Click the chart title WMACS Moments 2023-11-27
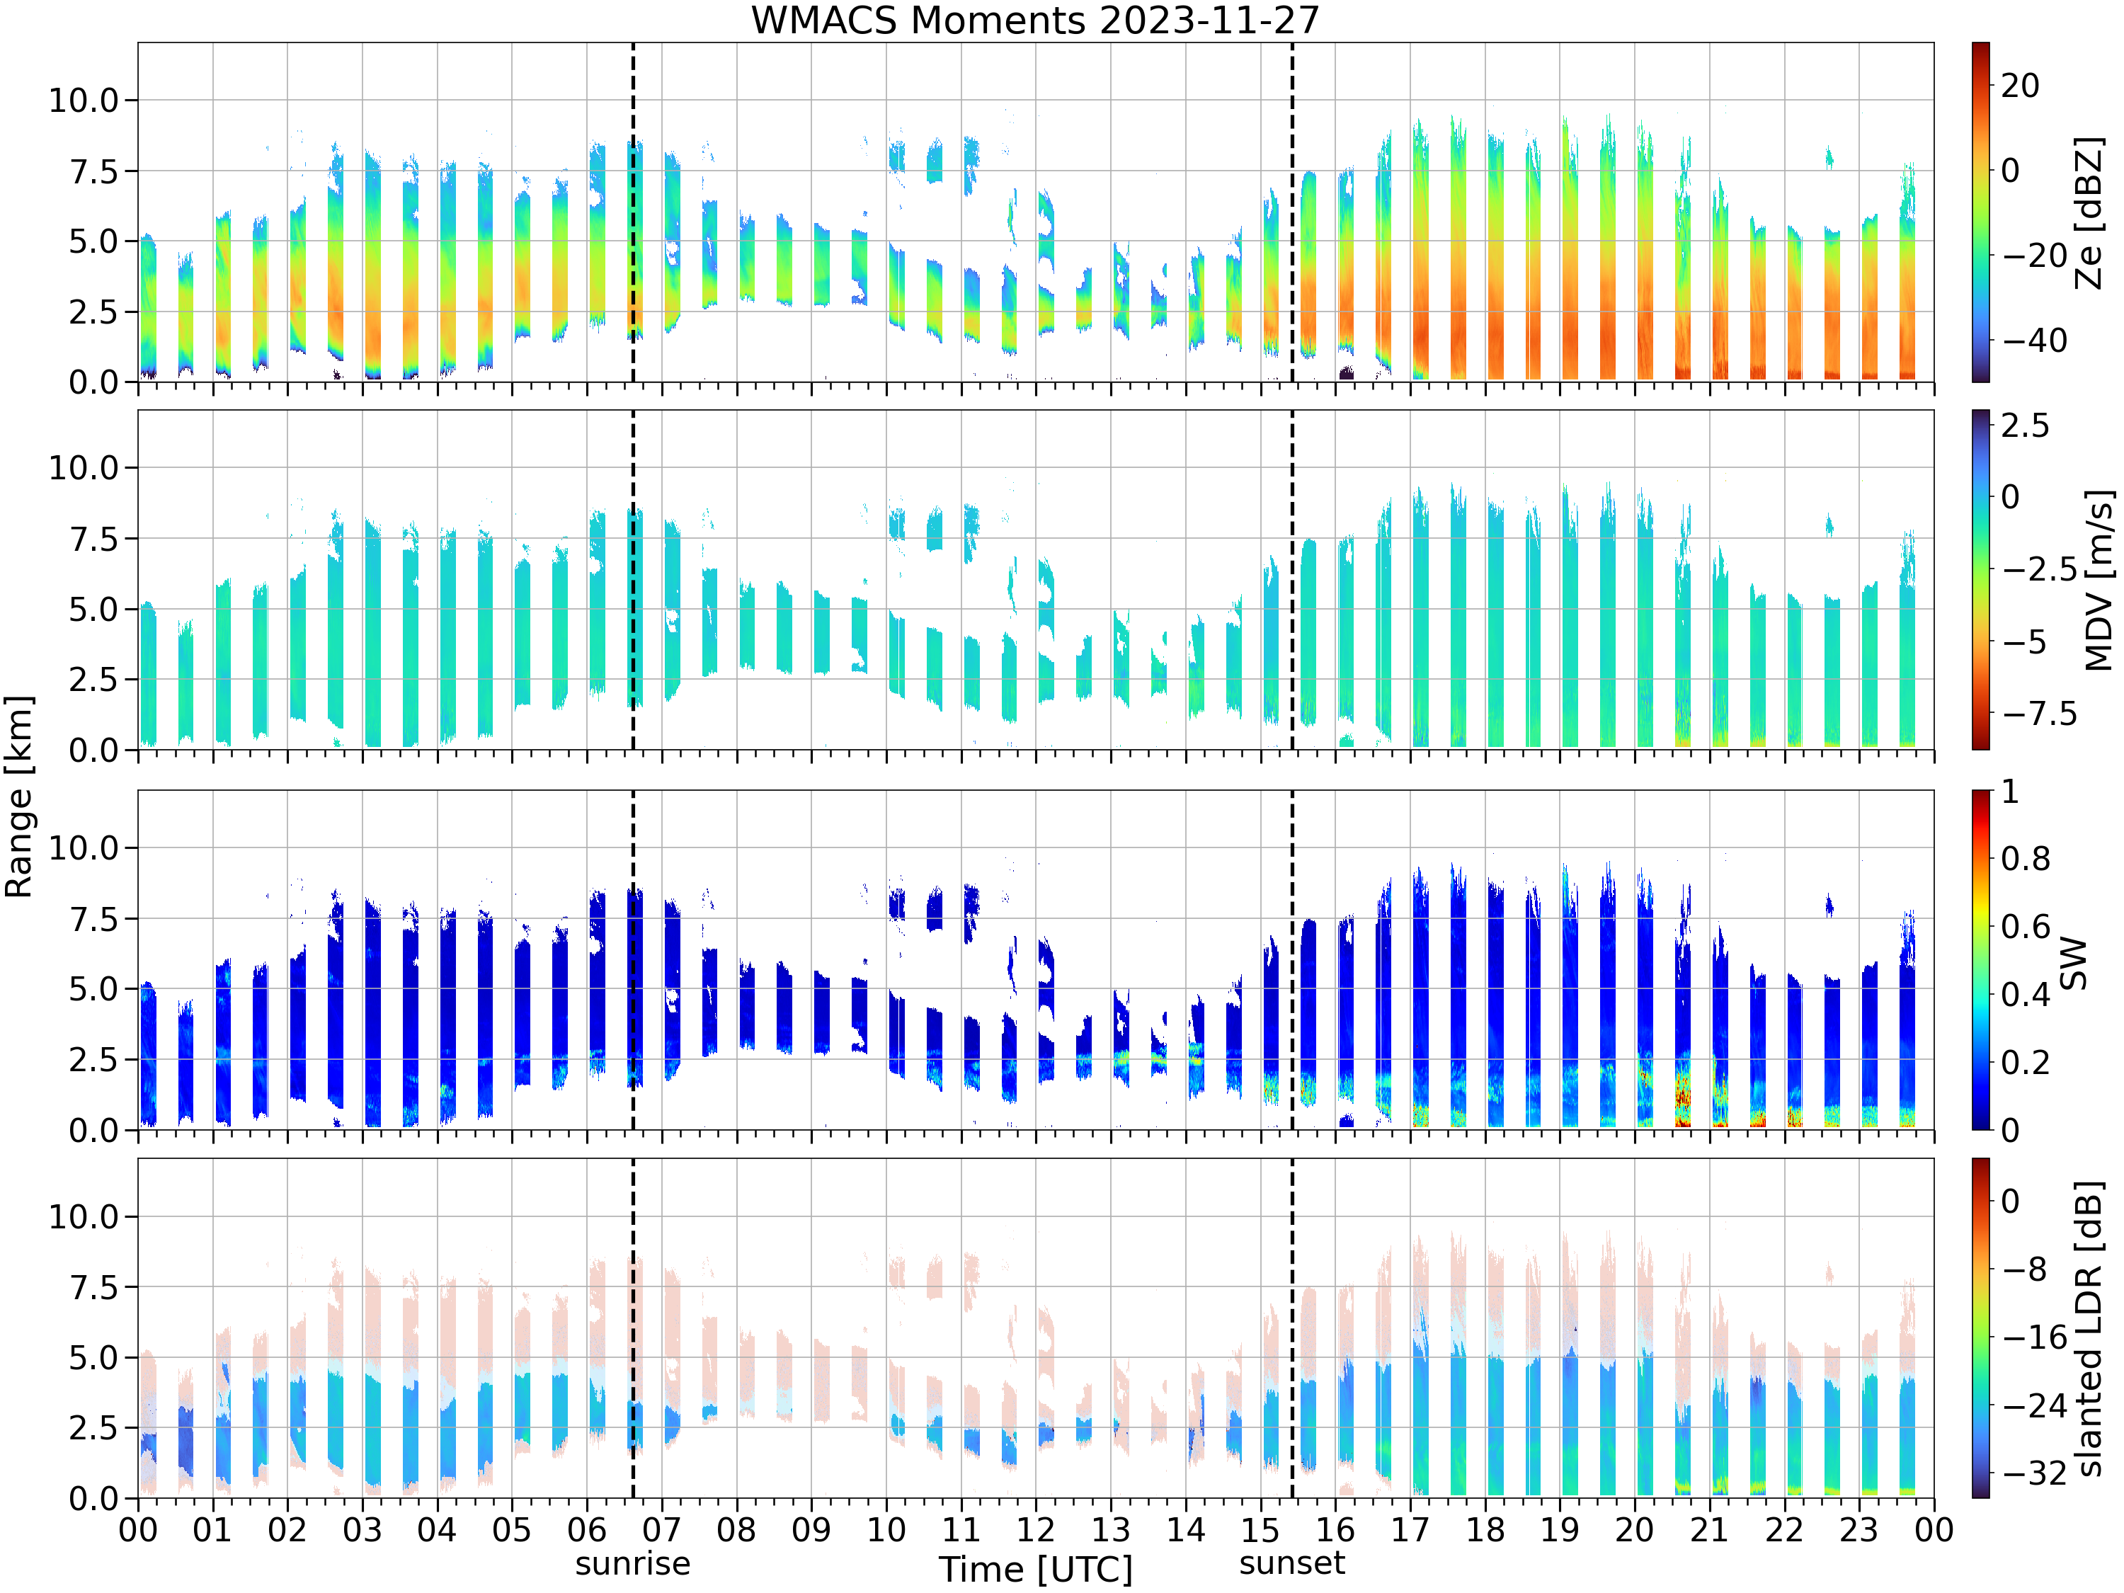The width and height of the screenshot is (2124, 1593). coord(1035,19)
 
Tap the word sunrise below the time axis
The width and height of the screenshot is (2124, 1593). coord(633,1563)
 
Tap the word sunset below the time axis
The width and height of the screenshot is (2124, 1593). coord(1291,1563)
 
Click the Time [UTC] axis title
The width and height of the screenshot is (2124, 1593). coord(1035,1570)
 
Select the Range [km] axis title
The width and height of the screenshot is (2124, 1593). coord(18,797)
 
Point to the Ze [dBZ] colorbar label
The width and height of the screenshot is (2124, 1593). coord(2089,212)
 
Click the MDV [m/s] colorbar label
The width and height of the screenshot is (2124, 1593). coord(2099,580)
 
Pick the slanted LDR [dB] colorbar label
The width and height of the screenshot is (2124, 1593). coord(2089,1328)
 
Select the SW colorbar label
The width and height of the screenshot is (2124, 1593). coord(2074,963)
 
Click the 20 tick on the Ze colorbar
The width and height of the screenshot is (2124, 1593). coord(2021,86)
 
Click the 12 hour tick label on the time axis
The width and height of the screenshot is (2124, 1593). coord(1035,1529)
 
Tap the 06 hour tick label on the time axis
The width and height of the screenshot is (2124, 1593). coord(587,1529)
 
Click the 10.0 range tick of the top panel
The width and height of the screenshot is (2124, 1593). coord(84,100)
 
